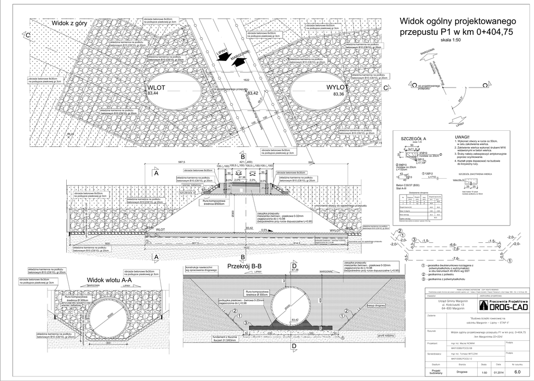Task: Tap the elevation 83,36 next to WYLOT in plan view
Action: (338, 94)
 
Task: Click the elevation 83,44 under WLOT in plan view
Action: (153, 93)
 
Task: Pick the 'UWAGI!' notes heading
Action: (463, 137)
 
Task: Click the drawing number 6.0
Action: (517, 372)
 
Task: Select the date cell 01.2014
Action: (498, 372)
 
